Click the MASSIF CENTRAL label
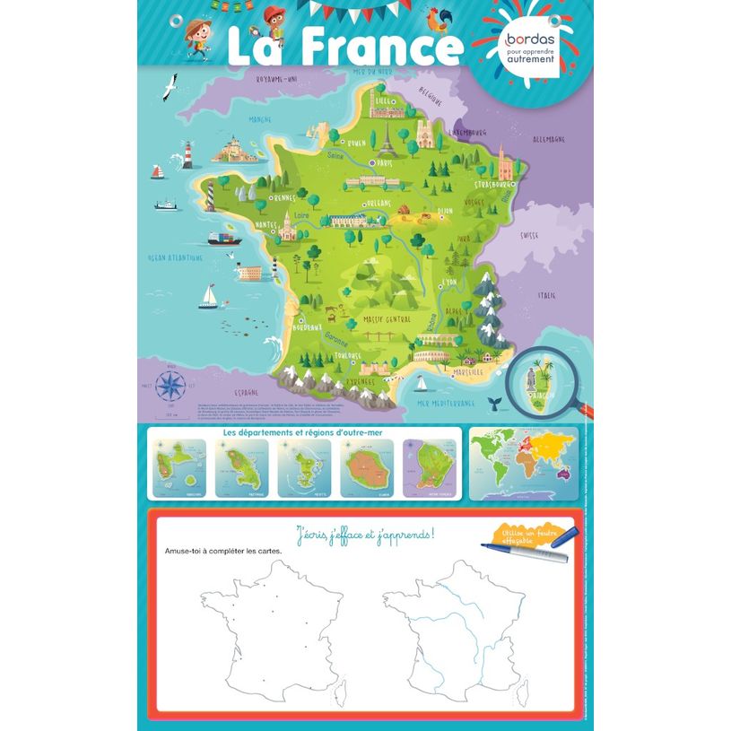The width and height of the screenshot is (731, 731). (387, 318)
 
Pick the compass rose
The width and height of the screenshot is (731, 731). (168, 387)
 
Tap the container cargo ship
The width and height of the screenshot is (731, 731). (224, 238)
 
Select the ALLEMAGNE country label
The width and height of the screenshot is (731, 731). (548, 140)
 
